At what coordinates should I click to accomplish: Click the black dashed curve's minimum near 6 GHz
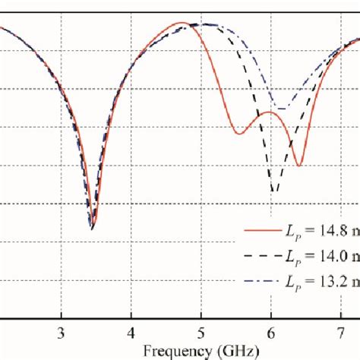275,191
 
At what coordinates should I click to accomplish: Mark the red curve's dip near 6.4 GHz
299,166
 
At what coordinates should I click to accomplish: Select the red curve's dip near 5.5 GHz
239,134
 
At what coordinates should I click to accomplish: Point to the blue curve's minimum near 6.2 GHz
283,109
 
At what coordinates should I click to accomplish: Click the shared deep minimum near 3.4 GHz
93,226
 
